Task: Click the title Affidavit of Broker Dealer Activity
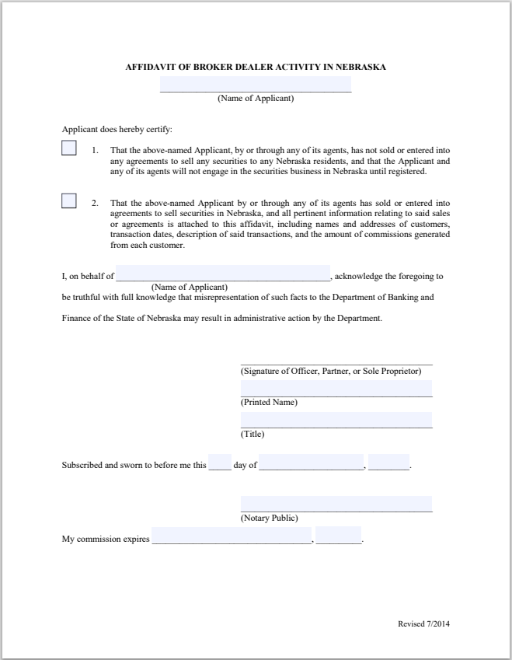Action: [256, 67]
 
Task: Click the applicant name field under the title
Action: [256, 84]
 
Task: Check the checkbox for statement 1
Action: [69, 148]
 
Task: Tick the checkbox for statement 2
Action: [69, 201]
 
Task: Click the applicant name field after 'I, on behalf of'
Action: [223, 273]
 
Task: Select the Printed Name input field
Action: [336, 388]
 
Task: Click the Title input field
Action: [336, 420]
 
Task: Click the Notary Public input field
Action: [336, 504]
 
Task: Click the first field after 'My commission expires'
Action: [232, 536]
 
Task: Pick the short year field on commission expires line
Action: [338, 536]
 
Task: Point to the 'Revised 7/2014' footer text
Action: [423, 624]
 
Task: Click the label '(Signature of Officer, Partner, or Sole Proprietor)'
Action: [331, 371]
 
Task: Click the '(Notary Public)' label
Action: [269, 518]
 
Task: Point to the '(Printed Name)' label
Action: [269, 403]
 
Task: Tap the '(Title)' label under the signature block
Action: [253, 434]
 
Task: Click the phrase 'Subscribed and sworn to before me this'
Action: [134, 466]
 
